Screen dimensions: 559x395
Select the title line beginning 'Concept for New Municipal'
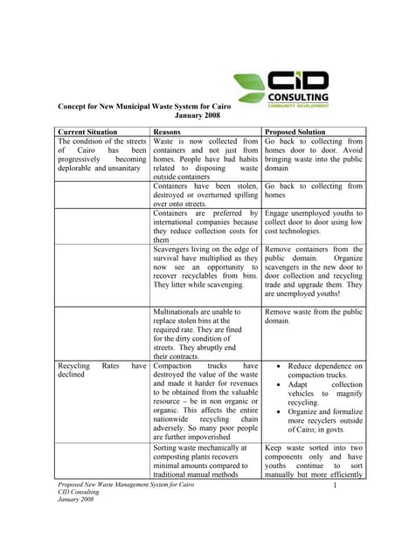[x=144, y=105]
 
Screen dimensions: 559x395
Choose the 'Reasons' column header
[x=167, y=130]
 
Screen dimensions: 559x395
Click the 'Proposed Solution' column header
[x=298, y=130]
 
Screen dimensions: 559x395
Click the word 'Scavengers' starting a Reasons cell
[x=177, y=249]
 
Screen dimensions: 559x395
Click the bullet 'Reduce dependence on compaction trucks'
[x=320, y=372]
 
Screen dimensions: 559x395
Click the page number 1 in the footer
[x=335, y=485]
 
